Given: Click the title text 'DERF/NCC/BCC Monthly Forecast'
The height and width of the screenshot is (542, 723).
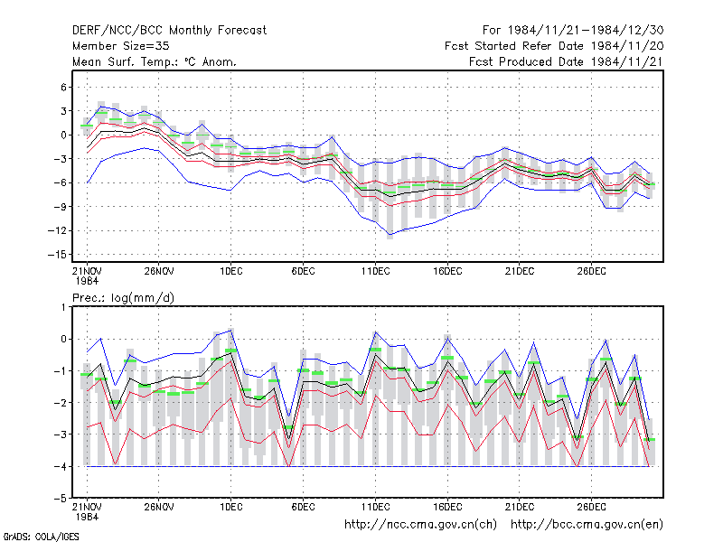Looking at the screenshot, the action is (x=169, y=31).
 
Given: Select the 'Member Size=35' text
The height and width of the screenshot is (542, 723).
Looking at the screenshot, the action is (x=121, y=46).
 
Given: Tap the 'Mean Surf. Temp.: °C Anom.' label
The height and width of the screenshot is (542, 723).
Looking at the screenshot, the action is (x=155, y=61).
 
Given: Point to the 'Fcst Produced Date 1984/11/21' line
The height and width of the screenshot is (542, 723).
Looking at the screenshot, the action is (x=567, y=61).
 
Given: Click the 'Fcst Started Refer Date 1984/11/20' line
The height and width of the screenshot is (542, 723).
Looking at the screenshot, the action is (x=554, y=46).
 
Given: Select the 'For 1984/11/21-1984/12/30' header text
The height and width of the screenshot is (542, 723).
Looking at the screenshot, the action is (x=573, y=31).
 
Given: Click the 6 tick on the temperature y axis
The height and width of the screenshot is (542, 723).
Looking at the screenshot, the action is (x=63, y=87).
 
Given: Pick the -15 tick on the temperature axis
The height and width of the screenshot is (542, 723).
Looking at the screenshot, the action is (x=57, y=255).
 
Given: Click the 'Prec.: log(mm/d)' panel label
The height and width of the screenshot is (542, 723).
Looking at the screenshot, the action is (x=123, y=298).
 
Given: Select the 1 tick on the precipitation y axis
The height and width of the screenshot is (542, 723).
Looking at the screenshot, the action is (x=63, y=307).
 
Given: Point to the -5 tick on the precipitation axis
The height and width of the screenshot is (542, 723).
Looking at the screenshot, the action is (x=61, y=499).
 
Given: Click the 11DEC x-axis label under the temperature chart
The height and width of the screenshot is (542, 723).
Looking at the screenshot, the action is (x=375, y=271).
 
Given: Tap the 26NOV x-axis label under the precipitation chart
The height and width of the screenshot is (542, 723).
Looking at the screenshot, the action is (x=159, y=507).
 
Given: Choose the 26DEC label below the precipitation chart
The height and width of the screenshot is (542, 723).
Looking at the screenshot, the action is (x=592, y=507).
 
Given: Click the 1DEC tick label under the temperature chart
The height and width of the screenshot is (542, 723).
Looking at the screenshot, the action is (x=231, y=271).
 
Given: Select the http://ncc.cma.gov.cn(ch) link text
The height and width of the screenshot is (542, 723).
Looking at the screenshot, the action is (x=420, y=525).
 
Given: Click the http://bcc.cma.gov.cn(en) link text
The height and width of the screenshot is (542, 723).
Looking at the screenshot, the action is (x=587, y=525).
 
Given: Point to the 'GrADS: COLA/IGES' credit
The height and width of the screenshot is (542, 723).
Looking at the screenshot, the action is (x=41, y=537).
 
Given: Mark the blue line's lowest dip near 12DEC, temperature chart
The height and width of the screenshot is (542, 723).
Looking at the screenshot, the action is (x=390, y=235).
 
